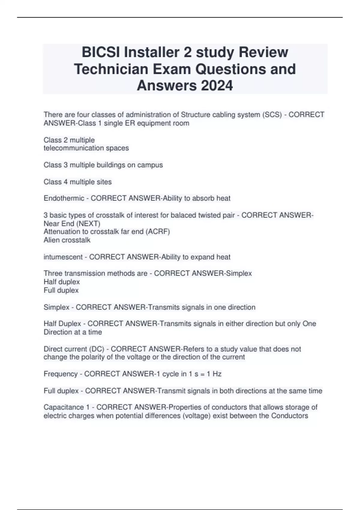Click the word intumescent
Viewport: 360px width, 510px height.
tap(63, 257)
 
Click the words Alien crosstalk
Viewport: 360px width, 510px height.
tap(67, 240)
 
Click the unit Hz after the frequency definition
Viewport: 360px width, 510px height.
tap(217, 374)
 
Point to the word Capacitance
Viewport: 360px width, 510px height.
tap(64, 407)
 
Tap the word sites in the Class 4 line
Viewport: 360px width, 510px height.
tap(104, 182)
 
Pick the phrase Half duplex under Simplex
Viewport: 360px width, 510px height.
tap(61, 282)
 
